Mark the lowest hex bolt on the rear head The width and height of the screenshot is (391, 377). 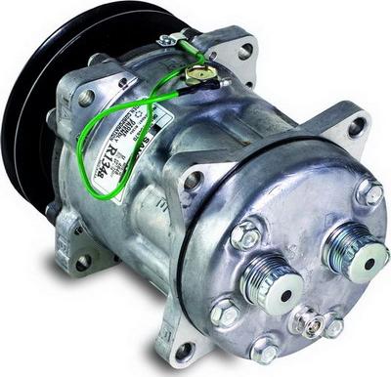[x=265, y=350]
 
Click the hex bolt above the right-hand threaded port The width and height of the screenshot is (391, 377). [x=369, y=191]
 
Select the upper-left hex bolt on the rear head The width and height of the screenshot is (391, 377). [x=246, y=234]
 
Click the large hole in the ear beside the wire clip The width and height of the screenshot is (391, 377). [x=243, y=50]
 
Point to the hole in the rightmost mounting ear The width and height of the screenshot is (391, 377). [x=355, y=126]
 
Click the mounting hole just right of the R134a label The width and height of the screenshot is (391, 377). [x=192, y=181]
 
